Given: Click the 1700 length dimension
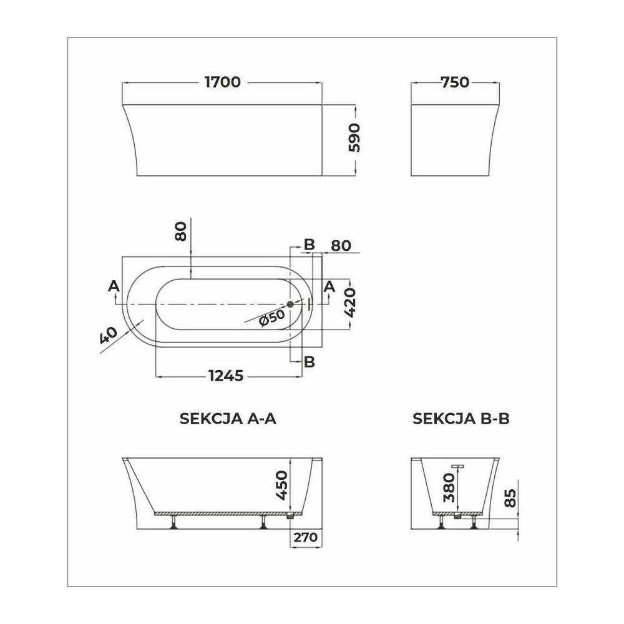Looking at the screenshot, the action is point(223,82).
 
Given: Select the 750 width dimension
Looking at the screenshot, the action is point(456,82).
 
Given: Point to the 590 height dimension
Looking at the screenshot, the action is point(354,138).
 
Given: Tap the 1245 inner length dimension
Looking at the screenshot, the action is point(226,375).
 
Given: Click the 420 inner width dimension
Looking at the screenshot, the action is point(350,303).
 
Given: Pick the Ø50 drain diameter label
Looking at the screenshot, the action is point(272,318).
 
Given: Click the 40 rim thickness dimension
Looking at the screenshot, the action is point(108,335).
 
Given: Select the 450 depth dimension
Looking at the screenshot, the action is point(281,485).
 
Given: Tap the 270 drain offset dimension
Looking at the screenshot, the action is point(306,537).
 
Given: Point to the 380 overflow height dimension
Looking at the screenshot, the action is point(449,487).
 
